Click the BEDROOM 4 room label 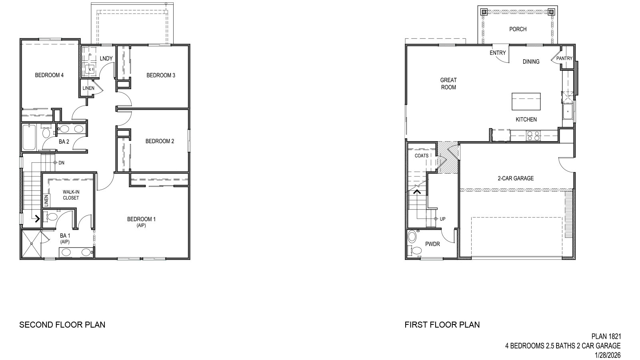pos(49,75)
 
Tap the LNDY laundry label pos(106,59)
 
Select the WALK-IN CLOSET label pos(71,195)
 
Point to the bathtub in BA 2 pos(30,137)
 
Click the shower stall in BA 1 pos(31,244)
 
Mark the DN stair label pos(61,163)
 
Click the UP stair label pos(442,219)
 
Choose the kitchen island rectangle pos(526,102)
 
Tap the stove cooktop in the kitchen pos(533,136)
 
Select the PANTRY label pos(564,58)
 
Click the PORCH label pos(518,29)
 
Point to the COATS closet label pos(422,156)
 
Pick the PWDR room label pos(432,244)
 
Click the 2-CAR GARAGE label pos(516,178)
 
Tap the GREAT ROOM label pos(448,84)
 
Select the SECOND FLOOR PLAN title pos(62,325)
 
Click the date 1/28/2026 pos(608,355)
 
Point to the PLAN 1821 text pos(606,337)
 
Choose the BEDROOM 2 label pos(160,141)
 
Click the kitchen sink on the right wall pos(568,112)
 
